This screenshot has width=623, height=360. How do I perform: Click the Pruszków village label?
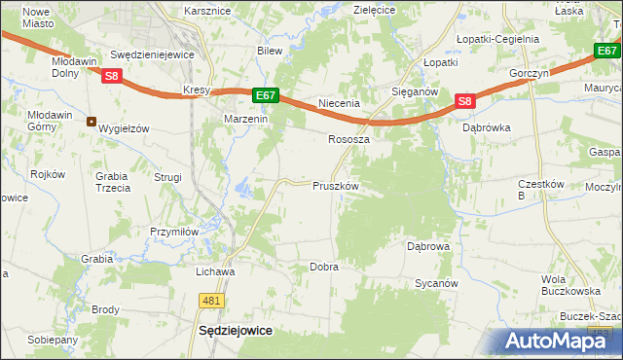pyautogui.click(x=336, y=186)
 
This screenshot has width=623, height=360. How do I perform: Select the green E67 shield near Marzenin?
pyautogui.click(x=267, y=95)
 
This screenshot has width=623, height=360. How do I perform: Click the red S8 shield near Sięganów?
pyautogui.click(x=464, y=100)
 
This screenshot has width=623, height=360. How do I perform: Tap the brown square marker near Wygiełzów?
pyautogui.click(x=91, y=122)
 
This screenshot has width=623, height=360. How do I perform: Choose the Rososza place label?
pyautogui.click(x=348, y=139)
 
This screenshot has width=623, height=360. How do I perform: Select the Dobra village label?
pyautogui.click(x=323, y=267)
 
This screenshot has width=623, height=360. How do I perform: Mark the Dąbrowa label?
pyautogui.click(x=427, y=247)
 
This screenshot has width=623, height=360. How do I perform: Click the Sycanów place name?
pyautogui.click(x=436, y=283)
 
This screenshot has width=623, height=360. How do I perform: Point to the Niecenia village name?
pyautogui.click(x=340, y=103)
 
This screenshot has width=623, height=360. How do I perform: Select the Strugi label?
pyautogui.click(x=168, y=177)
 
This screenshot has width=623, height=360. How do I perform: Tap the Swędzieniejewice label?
pyautogui.click(x=154, y=55)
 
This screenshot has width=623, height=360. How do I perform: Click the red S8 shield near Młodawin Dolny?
pyautogui.click(x=112, y=75)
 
